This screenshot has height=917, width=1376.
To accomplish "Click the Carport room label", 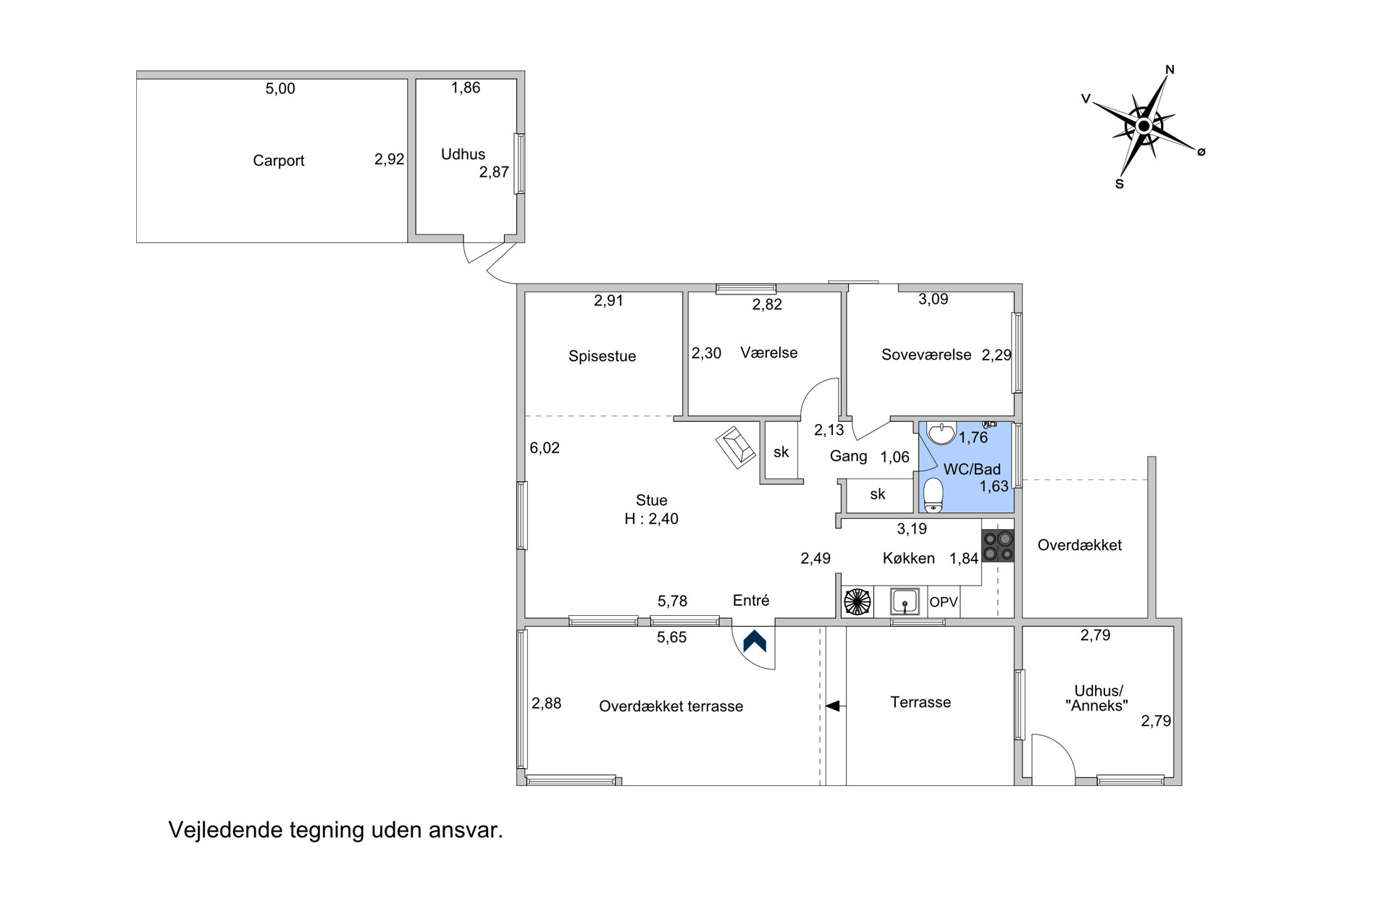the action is pos(278,161).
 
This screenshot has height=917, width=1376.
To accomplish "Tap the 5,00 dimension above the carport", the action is pos(280,88).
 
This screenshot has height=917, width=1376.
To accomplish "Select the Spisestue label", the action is pos(602,356).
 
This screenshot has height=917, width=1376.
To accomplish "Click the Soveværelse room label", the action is pos(926,355).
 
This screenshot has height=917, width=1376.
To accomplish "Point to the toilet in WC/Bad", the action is pos(934,494).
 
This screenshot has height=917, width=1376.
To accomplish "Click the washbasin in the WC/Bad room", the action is pos(941,433).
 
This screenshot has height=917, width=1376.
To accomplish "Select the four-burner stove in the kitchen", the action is pos(998,546).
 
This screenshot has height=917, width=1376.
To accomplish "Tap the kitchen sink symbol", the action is pos(905,601).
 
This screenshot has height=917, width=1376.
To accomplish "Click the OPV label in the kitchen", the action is pos(944,602).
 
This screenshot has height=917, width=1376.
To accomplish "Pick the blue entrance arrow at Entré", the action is pos(755,641).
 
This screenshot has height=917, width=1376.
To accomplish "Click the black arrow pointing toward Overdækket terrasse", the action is pos(833,706).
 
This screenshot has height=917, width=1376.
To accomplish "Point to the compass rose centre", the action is pos(1144,126).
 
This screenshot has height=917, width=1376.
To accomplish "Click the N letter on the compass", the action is pos(1169,69).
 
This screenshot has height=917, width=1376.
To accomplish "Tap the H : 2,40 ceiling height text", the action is pos(652,519).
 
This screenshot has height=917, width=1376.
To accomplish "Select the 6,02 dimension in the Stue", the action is pos(545,448).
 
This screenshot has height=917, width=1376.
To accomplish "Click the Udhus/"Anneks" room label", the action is pos(1098,698).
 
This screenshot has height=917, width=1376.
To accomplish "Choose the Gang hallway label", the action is pos(848,457).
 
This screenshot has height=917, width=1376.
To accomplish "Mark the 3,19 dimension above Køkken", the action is pos(912,529).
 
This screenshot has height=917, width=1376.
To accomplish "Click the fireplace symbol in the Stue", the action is pos(735,448).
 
